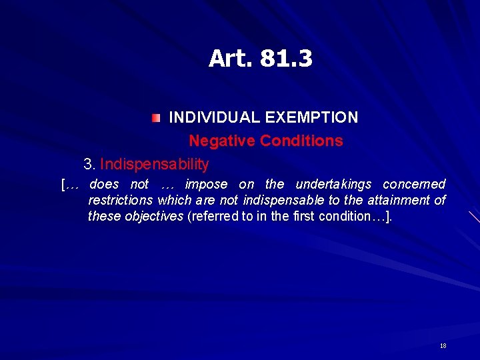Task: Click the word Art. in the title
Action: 229,59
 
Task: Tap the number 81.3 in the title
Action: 285,59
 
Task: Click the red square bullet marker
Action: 155,118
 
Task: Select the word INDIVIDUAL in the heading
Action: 214,117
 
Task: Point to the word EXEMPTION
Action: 311,117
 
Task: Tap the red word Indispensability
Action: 155,163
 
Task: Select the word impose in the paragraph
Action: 206,184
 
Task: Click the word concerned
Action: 414,184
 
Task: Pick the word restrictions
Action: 121,200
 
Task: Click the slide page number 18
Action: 443,346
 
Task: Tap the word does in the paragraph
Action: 104,184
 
